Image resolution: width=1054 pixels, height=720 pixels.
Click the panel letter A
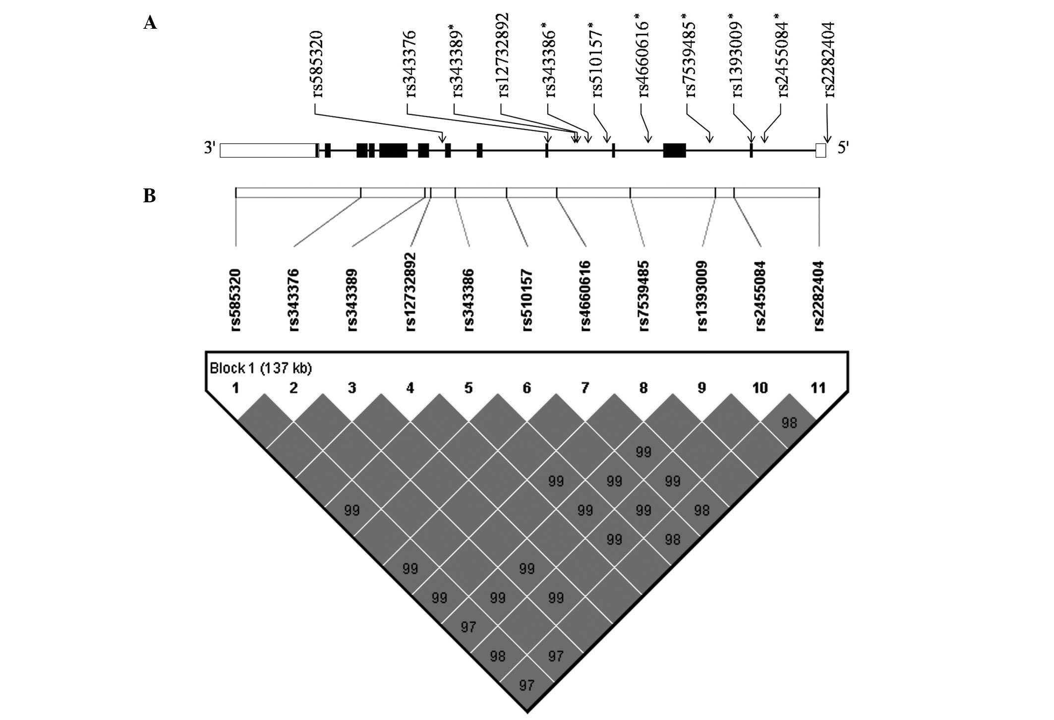[x=150, y=23]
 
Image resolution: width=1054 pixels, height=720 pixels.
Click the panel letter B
[x=149, y=196]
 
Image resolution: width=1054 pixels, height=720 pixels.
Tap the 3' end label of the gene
[x=210, y=148]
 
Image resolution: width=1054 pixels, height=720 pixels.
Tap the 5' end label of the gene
[x=843, y=148]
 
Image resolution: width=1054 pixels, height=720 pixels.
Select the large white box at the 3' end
[x=268, y=150]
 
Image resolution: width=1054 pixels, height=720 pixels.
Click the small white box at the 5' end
[x=820, y=150]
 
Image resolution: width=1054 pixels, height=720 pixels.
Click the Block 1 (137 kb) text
[x=261, y=368]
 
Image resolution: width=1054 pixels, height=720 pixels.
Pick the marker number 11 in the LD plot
[x=818, y=388]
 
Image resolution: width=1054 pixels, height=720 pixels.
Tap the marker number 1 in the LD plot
[x=235, y=388]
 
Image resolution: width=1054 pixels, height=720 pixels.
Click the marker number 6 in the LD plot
[x=527, y=388]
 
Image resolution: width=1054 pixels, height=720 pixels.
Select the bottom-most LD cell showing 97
[x=527, y=685]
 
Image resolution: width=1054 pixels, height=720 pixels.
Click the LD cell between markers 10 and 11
[x=789, y=422]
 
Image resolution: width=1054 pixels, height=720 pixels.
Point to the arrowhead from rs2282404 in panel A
[x=827, y=139]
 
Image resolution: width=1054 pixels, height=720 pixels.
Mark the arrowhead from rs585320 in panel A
[x=443, y=139]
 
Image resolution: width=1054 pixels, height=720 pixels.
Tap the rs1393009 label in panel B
[x=702, y=296]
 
